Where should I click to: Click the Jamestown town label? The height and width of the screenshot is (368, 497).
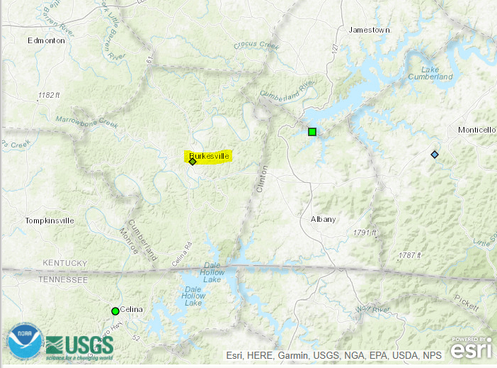tap(370, 30)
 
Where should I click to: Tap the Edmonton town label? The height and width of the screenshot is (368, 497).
tap(46, 40)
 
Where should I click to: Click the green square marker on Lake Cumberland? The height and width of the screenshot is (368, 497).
tap(312, 131)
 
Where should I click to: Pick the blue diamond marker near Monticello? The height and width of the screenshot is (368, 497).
tap(435, 155)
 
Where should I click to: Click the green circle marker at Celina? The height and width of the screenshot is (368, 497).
tap(115, 311)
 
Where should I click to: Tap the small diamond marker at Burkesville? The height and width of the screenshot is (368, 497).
tap(193, 162)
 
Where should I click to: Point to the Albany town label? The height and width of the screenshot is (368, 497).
tap(324, 219)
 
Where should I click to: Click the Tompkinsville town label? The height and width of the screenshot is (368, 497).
tap(50, 221)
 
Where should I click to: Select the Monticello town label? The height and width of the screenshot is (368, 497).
tap(477, 130)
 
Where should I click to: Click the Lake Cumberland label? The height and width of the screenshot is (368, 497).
tap(436, 72)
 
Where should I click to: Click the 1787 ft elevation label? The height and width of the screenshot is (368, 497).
tap(409, 255)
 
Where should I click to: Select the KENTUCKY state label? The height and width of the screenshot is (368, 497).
tap(64, 263)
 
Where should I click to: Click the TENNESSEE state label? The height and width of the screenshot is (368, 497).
tap(63, 280)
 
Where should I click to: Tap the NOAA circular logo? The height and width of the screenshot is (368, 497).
tap(25, 342)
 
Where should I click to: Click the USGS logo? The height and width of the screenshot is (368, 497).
tap(79, 345)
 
